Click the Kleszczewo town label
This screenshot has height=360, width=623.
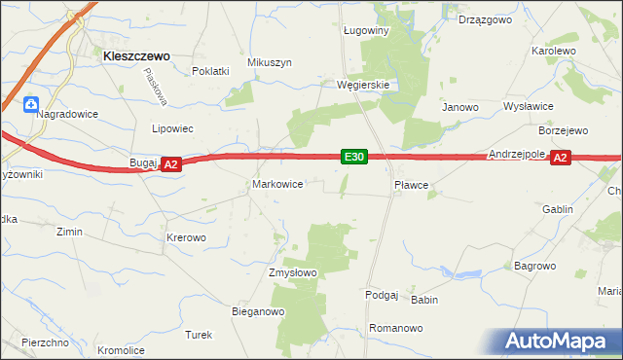point(136,57)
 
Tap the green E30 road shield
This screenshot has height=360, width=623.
point(353,157)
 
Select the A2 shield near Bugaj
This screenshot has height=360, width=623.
point(170,165)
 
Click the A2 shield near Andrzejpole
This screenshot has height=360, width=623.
point(560,158)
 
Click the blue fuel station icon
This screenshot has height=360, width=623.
point(30,102)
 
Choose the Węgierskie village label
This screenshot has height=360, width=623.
point(363,85)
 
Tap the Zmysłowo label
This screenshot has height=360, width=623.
point(293,272)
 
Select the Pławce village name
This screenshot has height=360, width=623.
point(411,183)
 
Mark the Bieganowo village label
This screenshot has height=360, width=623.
point(257,312)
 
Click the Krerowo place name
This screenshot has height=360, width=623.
point(186,237)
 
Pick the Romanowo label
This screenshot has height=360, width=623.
point(396,328)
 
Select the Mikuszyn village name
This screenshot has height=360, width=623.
point(270,62)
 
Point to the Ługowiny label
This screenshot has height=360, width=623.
point(367,30)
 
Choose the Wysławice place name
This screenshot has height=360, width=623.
point(529,106)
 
